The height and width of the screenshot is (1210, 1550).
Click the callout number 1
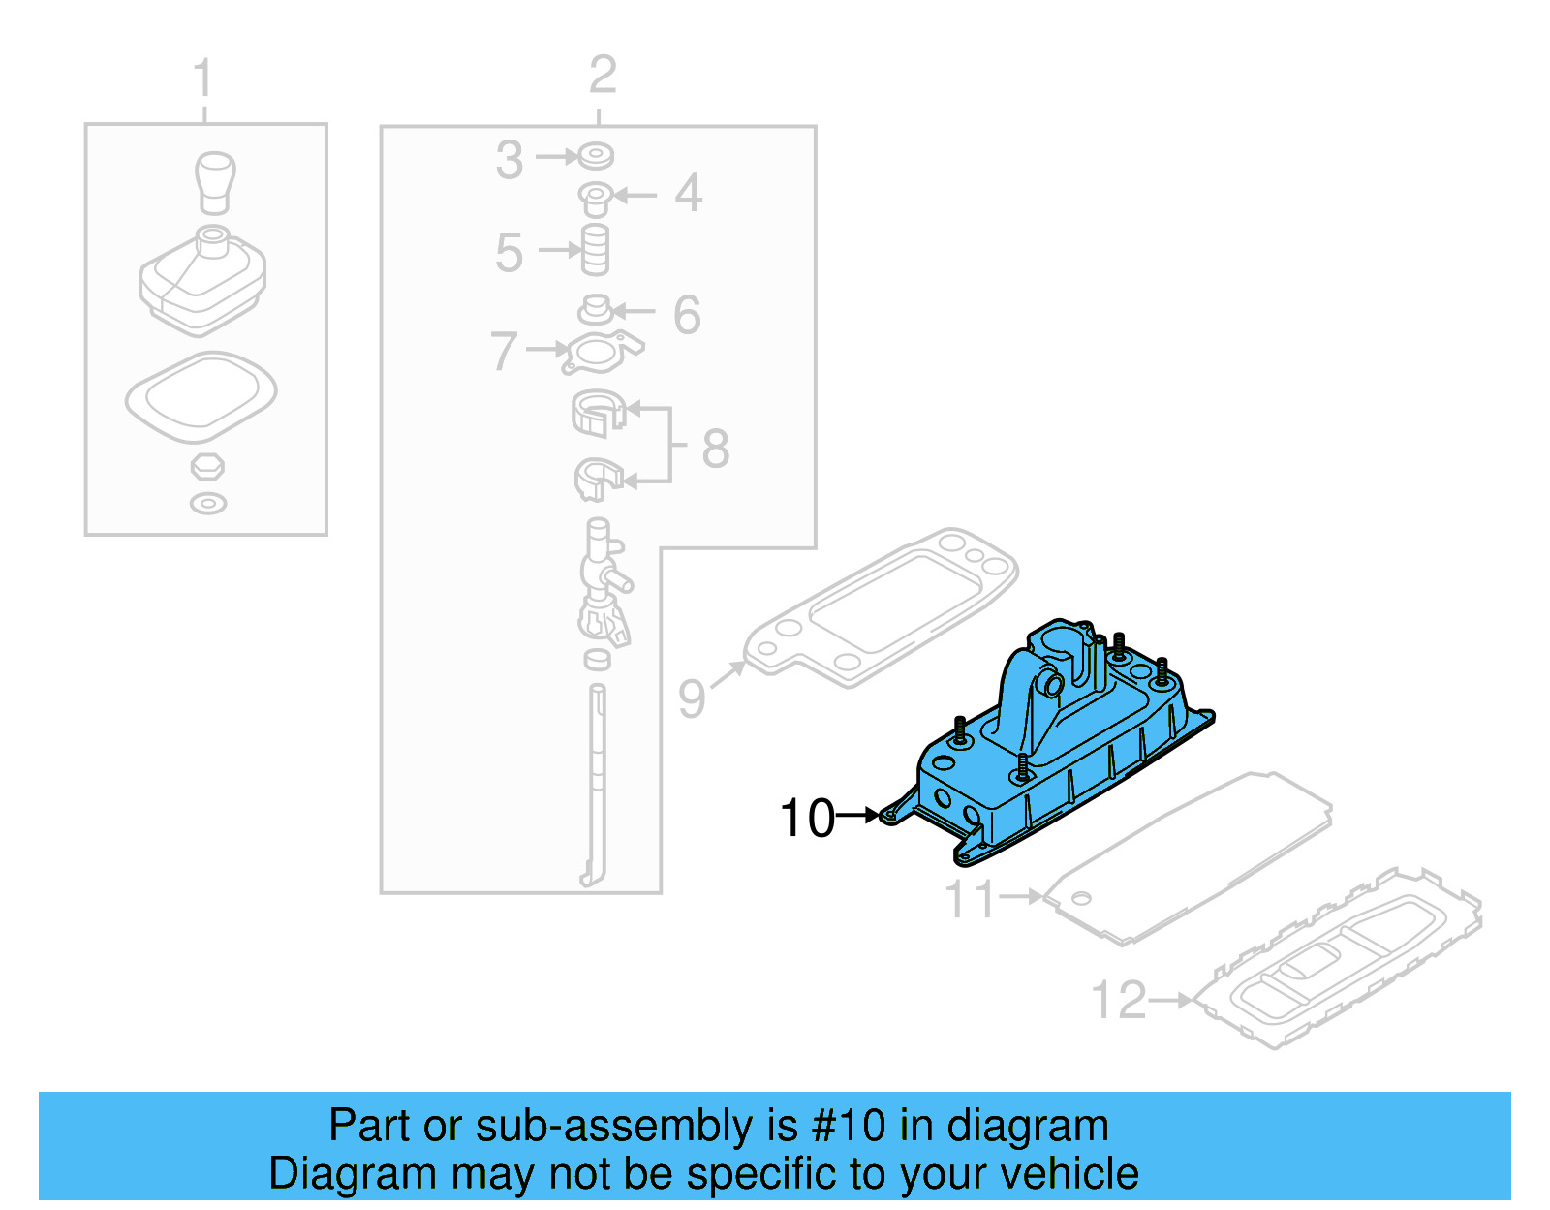click(x=202, y=78)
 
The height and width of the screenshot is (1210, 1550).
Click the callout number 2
click(x=603, y=75)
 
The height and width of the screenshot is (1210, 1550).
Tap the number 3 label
click(x=510, y=160)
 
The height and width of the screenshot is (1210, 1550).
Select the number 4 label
click(x=688, y=193)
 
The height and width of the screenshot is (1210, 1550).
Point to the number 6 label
click(x=687, y=315)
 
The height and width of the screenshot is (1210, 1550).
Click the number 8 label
click(x=715, y=448)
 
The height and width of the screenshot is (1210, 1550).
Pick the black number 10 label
click(x=807, y=818)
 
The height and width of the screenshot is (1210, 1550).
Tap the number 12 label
click(x=1119, y=1000)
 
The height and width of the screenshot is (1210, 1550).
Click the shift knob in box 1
click(x=215, y=181)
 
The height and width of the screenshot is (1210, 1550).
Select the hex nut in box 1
click(x=207, y=466)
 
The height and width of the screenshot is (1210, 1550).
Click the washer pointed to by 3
click(x=596, y=155)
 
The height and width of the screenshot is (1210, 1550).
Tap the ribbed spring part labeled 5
click(x=595, y=250)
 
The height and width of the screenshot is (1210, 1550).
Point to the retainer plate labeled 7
click(x=601, y=353)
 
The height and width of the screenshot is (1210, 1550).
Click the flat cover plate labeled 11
click(x=1192, y=857)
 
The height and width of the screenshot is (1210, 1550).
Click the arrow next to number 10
click(x=857, y=816)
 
